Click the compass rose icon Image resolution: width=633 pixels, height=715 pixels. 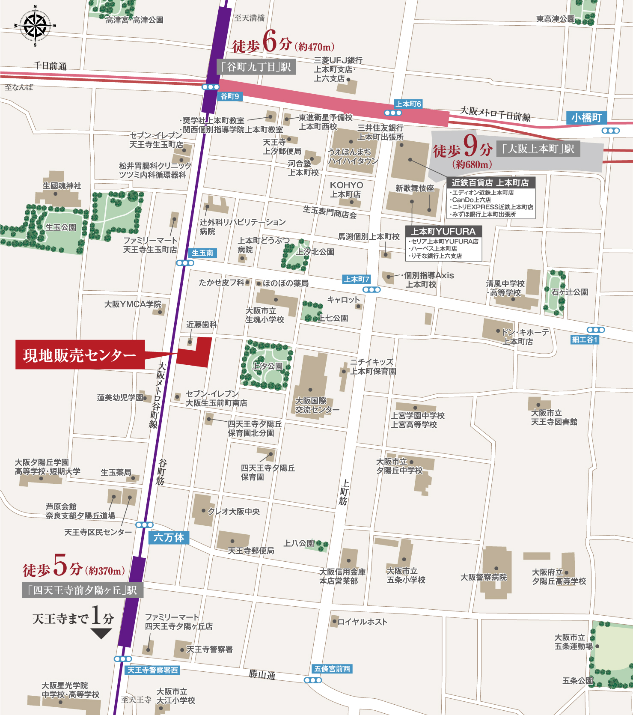click(35, 26)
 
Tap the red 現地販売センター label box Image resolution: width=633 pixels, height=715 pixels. click(80, 355)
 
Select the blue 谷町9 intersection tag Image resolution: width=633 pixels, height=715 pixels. click(230, 96)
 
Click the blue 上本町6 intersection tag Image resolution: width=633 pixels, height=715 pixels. click(408, 104)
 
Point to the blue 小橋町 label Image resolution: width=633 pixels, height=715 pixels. click(586, 118)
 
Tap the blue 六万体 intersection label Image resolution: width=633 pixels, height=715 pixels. click(169, 537)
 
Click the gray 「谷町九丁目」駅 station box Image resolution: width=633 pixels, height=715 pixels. click(256, 67)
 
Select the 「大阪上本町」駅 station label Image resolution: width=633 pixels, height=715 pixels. click(538, 149)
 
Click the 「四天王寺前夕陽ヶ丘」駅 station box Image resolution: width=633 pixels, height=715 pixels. click(82, 590)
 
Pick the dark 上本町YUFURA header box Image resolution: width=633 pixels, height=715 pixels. click(443, 232)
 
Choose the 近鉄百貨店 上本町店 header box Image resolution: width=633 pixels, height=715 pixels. click(490, 182)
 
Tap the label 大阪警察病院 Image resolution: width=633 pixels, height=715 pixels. click(483, 577)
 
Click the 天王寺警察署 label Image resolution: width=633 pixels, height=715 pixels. click(210, 649)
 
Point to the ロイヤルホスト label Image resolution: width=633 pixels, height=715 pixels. click(363, 622)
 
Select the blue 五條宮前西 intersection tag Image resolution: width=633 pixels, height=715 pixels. click(332, 669)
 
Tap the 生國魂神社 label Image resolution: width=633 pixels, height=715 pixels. click(62, 186)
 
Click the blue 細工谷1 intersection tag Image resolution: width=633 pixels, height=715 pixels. click(585, 340)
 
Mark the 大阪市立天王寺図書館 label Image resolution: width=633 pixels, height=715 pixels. click(554, 417)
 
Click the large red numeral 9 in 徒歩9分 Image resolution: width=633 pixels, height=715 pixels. click(470, 146)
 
